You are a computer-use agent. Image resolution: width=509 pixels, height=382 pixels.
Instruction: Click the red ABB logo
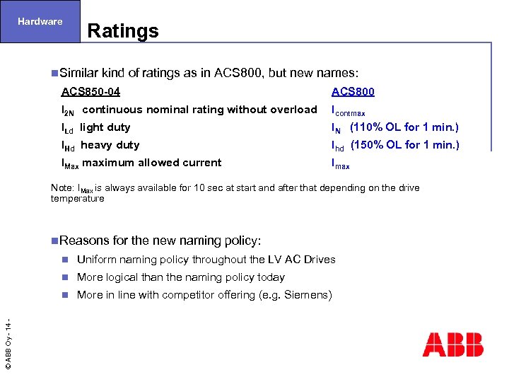click(x=453, y=345)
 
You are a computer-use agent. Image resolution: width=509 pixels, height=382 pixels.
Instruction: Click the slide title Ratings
click(x=123, y=31)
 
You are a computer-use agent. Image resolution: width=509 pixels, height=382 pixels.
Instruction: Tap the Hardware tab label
click(x=40, y=21)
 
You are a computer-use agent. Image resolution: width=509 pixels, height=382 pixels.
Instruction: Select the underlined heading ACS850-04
click(x=90, y=91)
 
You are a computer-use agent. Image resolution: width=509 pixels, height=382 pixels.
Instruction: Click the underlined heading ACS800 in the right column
click(x=353, y=91)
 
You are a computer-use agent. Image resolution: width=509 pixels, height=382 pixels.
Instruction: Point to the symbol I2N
click(x=69, y=110)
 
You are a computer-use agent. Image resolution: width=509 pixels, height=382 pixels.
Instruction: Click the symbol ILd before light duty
click(x=68, y=128)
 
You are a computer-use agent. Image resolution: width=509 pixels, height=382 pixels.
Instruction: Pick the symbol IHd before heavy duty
click(x=69, y=146)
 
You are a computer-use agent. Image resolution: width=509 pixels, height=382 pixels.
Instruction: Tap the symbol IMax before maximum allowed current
click(x=71, y=163)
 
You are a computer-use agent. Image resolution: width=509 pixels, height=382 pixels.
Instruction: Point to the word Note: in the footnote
click(x=62, y=187)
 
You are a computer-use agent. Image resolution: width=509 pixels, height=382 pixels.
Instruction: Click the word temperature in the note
click(x=77, y=198)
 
